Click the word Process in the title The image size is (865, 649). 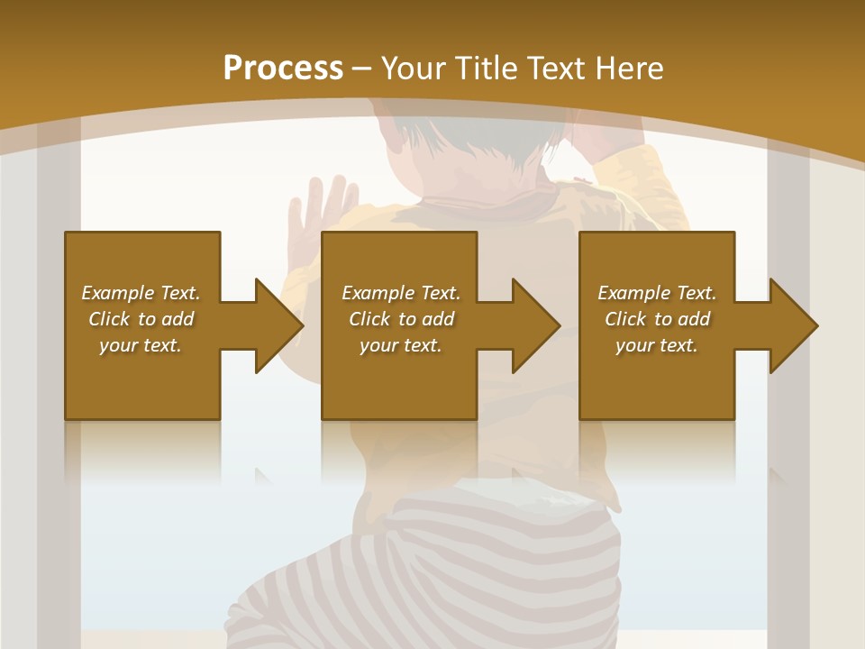[x=283, y=69]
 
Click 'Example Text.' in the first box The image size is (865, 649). [x=141, y=293]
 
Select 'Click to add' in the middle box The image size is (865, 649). [x=401, y=319]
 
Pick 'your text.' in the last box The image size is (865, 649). [x=657, y=345]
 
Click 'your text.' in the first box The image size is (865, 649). [x=141, y=345]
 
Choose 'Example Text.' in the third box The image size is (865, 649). [x=657, y=293]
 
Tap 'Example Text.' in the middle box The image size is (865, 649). [x=401, y=293]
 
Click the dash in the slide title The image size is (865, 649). [x=362, y=69]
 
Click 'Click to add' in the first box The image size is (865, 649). [x=141, y=319]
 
